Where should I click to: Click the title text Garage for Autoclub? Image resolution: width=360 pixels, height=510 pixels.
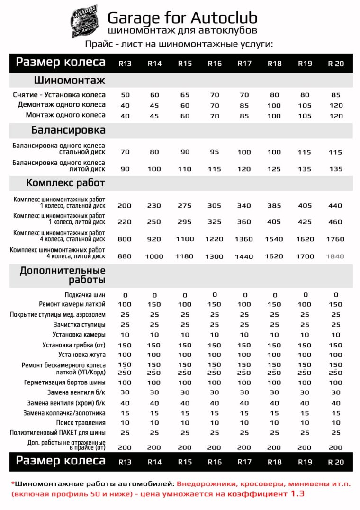(x=182, y=18)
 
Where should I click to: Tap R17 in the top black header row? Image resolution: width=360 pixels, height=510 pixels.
(x=244, y=64)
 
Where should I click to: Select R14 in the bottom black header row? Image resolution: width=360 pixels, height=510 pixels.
(x=154, y=462)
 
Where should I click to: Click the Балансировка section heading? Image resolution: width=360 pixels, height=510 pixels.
(x=68, y=130)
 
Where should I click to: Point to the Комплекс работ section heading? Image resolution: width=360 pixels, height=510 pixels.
(x=65, y=182)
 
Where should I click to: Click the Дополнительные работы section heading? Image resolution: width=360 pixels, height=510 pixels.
(x=62, y=275)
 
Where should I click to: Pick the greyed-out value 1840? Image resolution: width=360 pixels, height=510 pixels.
(x=335, y=256)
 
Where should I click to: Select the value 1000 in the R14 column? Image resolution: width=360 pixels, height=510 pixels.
(x=154, y=256)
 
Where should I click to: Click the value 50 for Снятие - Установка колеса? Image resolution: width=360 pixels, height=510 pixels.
(x=125, y=95)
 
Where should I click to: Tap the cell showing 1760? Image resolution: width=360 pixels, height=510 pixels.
(x=335, y=239)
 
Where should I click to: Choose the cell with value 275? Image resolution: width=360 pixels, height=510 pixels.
(x=185, y=206)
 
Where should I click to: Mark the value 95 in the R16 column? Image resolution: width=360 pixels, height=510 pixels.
(x=215, y=152)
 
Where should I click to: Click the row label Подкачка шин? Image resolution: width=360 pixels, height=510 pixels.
(x=85, y=295)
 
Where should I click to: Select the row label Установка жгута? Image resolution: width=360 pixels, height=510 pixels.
(x=82, y=354)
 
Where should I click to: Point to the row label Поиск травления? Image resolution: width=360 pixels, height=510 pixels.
(x=81, y=422)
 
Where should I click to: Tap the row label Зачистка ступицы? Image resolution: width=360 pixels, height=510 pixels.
(x=79, y=325)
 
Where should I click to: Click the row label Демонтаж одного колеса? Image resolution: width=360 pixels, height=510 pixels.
(x=62, y=105)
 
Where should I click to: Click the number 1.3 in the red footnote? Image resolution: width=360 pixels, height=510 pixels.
(x=297, y=493)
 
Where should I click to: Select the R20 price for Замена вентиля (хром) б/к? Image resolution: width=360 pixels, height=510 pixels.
(x=335, y=403)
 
